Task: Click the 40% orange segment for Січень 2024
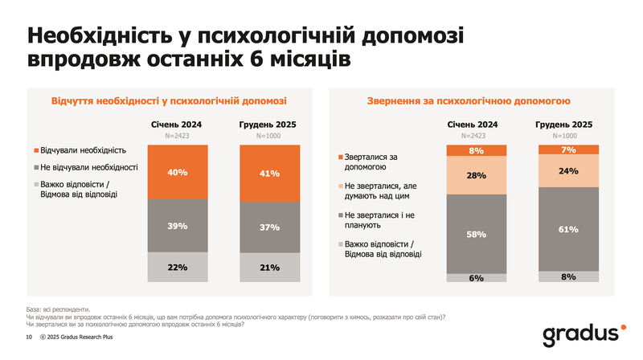point(178,172)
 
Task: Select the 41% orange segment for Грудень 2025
point(270,173)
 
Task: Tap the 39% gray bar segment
point(178,226)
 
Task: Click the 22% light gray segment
point(178,267)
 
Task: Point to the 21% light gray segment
point(270,267)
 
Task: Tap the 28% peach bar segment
point(477,175)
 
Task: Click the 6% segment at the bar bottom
point(477,277)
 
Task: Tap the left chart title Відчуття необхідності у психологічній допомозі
point(169,101)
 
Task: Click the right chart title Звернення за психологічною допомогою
point(469,101)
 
